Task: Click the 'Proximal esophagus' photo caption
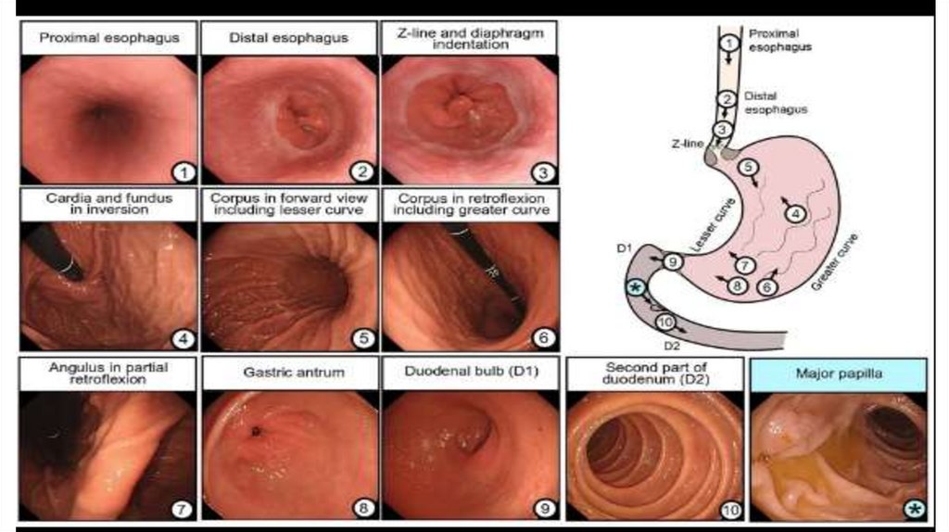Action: point(108,39)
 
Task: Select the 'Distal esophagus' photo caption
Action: point(287,39)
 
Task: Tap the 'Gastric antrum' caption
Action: point(287,374)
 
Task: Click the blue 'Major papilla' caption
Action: point(839,374)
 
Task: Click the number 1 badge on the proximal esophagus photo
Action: point(183,172)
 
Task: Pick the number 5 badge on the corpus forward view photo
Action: point(362,340)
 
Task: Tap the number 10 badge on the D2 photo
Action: point(731,508)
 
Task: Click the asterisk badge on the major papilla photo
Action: point(913,508)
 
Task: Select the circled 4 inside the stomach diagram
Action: point(794,213)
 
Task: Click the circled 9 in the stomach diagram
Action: point(673,262)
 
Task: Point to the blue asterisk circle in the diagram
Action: point(635,288)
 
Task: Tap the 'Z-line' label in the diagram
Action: point(693,145)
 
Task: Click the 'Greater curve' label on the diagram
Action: point(832,265)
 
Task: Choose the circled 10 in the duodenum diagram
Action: point(664,322)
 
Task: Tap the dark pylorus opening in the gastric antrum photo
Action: point(254,430)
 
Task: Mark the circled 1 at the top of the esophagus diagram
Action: point(730,42)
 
